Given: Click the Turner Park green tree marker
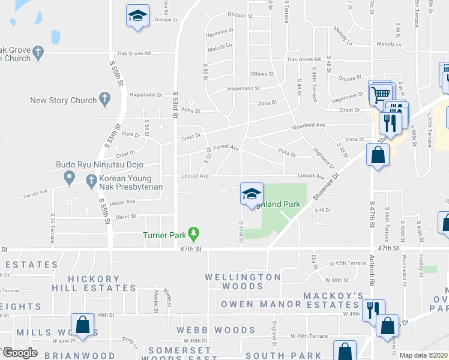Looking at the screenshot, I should point(193,233).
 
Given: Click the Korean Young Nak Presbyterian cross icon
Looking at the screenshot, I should point(91,179).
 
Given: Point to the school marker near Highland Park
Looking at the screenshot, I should point(252,194).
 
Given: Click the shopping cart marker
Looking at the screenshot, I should point(380,93).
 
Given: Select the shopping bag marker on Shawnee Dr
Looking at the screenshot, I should point(377,155).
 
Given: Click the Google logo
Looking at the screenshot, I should point(20,353).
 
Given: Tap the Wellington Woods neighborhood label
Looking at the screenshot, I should point(243,281).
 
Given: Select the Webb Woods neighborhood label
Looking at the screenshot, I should point(215,330).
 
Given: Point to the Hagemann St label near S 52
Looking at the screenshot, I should point(243,88).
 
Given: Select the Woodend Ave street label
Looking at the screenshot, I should point(308,126).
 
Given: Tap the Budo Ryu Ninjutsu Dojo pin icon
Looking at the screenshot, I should point(68,178).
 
